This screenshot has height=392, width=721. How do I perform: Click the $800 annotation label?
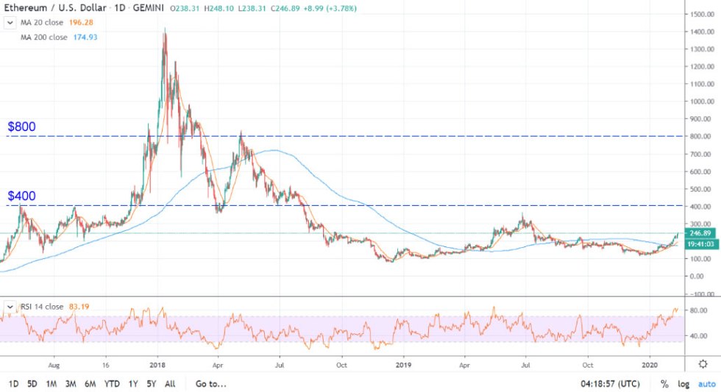coord(22,126)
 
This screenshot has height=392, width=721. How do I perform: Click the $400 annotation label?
coord(22,196)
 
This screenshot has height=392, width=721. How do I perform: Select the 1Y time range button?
coord(132,383)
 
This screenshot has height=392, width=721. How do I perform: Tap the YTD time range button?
coord(112,383)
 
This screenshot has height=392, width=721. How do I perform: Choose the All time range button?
coord(170,383)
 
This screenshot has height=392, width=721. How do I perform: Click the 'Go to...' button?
coord(211,383)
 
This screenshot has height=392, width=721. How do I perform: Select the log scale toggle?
coord(683,383)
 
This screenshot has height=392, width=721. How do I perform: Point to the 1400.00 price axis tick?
coord(700,32)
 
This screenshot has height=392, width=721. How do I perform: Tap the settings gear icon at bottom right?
coord(703,364)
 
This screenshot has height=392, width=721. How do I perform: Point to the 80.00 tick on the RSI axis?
coord(697,310)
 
